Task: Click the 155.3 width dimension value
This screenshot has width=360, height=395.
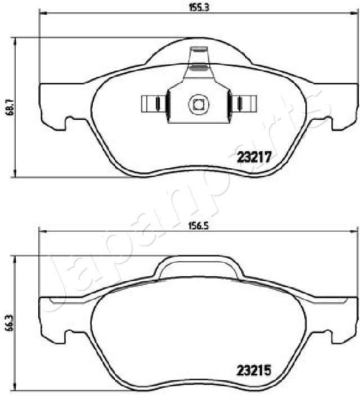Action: pyautogui.click(x=195, y=8)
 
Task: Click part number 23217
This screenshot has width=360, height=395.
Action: pyautogui.click(x=254, y=159)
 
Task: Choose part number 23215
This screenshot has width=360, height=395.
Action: pyautogui.click(x=254, y=371)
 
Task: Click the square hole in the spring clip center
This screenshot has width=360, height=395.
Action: pyautogui.click(x=198, y=104)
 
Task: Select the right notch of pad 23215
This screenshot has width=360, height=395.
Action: pyautogui.click(x=325, y=336)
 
